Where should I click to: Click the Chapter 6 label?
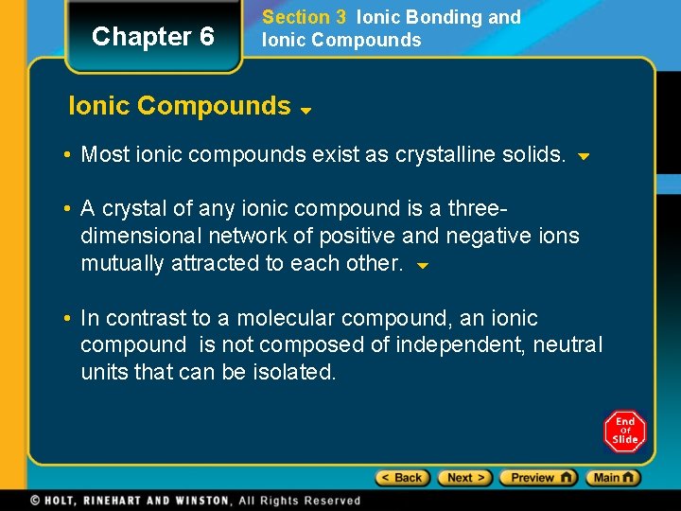(x=153, y=37)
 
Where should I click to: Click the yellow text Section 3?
(x=304, y=17)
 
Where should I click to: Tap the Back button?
(x=403, y=478)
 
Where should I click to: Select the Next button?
(x=465, y=478)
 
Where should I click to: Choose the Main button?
(x=612, y=478)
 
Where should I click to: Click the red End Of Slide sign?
(x=624, y=432)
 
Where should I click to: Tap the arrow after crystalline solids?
(x=584, y=156)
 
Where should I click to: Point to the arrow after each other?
(x=423, y=266)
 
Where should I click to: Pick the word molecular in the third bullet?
(x=286, y=318)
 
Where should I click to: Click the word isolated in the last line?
(x=294, y=372)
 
